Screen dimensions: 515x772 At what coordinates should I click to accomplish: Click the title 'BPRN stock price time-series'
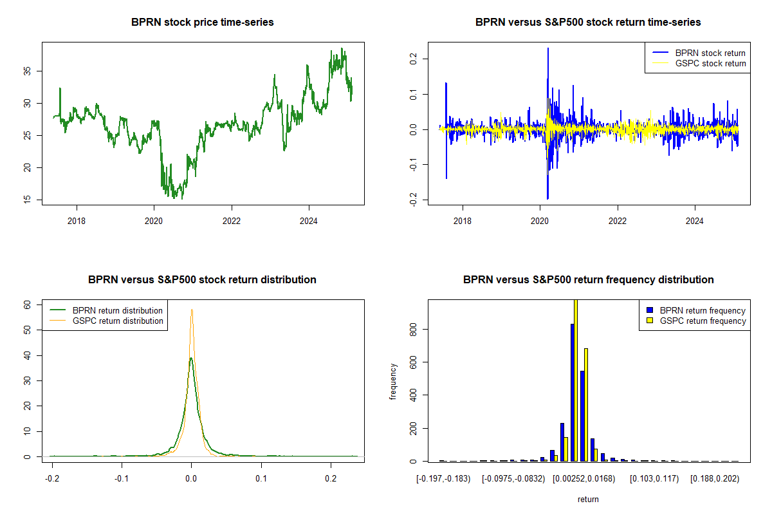(203, 23)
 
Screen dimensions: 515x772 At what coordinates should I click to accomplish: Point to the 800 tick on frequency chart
(413, 330)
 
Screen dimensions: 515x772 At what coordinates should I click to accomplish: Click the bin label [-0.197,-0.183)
(444, 479)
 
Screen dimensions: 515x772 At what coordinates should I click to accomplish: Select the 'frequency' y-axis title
(394, 382)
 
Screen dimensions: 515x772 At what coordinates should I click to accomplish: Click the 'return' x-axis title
(588, 499)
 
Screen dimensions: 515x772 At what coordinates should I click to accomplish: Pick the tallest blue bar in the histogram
(572, 392)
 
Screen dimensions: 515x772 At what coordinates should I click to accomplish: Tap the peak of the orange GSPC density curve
(191, 310)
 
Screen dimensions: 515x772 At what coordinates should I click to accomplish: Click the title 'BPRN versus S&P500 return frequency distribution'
(588, 280)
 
